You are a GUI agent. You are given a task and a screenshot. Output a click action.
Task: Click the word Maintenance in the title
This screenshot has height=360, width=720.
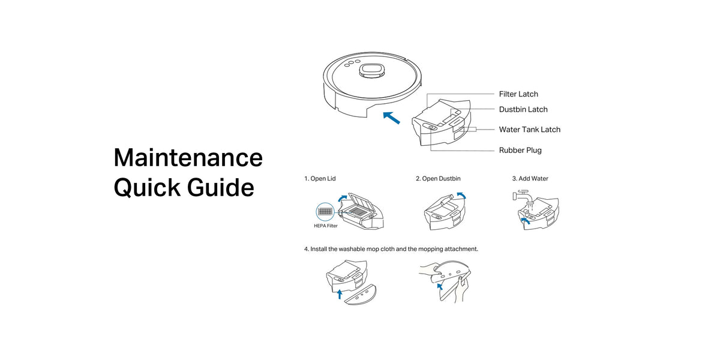[x=188, y=158]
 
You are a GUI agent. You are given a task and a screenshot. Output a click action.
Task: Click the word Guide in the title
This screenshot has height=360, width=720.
[x=221, y=187]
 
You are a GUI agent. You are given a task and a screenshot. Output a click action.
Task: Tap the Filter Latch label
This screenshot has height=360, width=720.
[x=518, y=94]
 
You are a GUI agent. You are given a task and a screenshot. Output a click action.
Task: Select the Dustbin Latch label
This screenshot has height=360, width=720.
[x=523, y=110]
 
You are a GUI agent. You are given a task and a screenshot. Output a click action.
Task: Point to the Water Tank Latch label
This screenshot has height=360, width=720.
[x=530, y=130]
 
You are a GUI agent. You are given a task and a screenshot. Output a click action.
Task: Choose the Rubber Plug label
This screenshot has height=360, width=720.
[x=520, y=151]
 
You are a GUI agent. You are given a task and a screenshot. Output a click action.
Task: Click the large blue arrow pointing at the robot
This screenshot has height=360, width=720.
[x=391, y=118]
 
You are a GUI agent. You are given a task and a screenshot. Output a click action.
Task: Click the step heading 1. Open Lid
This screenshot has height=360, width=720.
[x=320, y=179]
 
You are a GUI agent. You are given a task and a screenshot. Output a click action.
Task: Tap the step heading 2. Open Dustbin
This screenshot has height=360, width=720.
[x=438, y=179]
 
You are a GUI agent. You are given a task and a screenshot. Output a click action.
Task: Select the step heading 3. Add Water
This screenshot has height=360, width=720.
[x=530, y=179]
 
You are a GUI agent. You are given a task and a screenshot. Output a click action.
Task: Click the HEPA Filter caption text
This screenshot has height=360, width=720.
[x=326, y=226]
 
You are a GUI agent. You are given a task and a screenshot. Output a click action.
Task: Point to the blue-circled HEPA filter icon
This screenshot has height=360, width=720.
[x=325, y=212]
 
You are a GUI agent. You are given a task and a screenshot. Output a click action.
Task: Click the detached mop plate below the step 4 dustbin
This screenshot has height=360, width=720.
[x=361, y=295]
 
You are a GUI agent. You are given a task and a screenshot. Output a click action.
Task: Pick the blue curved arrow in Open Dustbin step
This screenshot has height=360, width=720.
[x=461, y=196]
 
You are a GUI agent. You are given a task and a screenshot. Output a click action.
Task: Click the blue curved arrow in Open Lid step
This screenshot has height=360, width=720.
[x=342, y=198]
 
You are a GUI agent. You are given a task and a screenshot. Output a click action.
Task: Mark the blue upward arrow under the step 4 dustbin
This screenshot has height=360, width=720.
[x=340, y=294]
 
